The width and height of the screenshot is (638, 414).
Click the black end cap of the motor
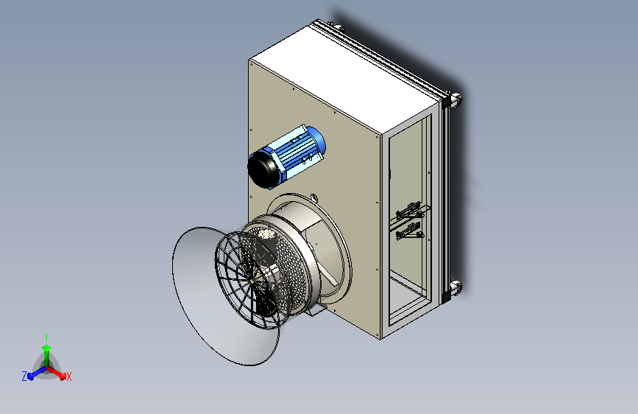coord(263,170)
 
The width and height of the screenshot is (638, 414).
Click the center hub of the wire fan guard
coord(252,281)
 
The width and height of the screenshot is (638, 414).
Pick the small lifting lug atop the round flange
coord(313,198)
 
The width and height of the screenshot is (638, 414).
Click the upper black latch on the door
coord(409,210)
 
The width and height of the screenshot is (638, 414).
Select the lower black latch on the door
coord(409,232)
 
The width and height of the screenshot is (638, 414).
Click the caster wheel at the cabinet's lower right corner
coord(456,287)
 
